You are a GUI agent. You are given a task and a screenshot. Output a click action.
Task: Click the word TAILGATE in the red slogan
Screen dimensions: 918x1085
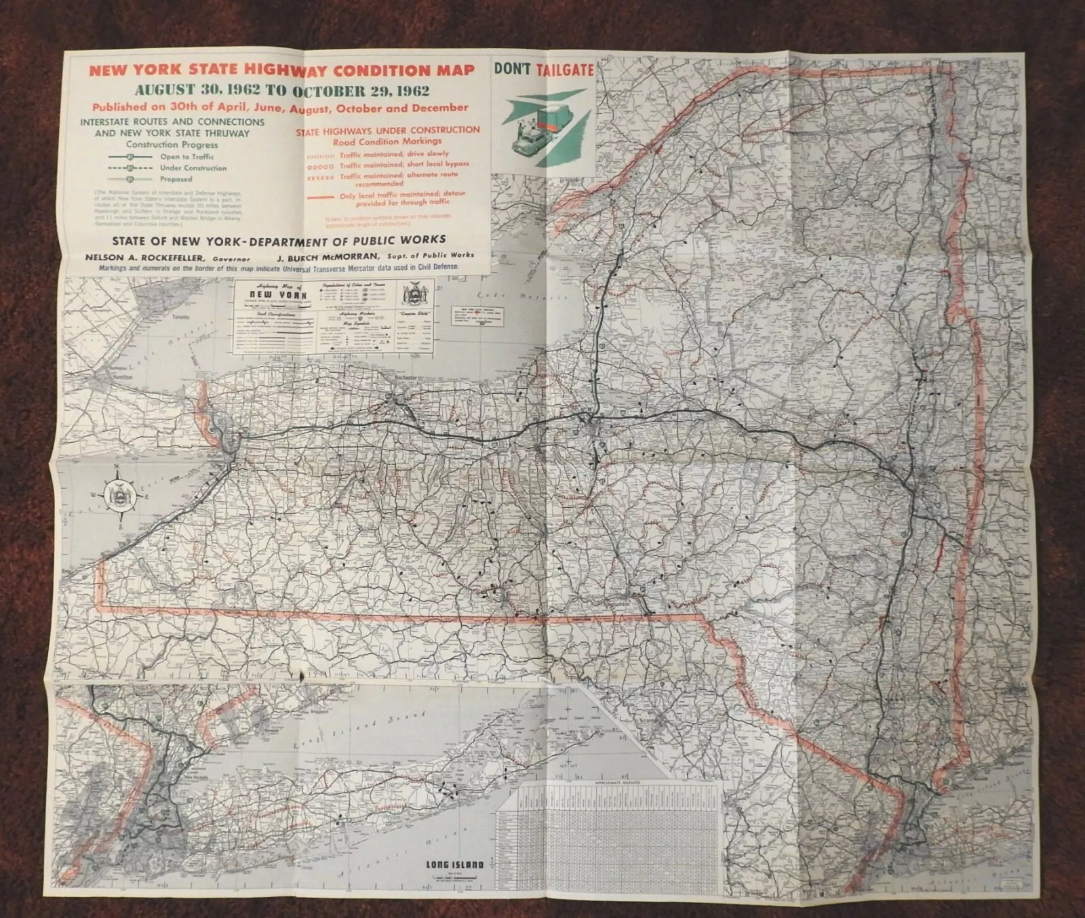pos(565,69)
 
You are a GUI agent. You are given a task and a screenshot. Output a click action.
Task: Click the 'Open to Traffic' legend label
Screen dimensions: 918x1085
pos(187,157)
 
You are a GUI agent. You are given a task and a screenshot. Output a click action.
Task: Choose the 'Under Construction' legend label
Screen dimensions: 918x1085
pos(193,168)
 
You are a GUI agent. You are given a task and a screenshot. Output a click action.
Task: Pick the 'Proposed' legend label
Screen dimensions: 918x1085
pos(176,180)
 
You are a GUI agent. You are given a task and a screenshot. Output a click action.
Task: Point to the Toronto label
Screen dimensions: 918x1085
pos(178,317)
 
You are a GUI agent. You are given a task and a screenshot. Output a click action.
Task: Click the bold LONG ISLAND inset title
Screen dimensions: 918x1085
pos(454,864)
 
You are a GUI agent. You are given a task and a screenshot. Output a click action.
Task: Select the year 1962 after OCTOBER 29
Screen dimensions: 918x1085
pos(406,91)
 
